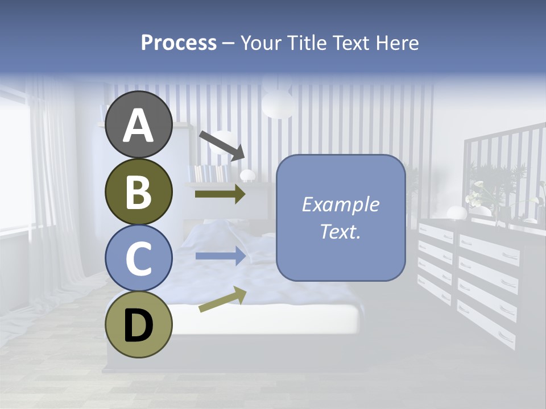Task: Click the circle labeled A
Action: click(138, 125)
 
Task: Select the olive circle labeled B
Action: click(138, 191)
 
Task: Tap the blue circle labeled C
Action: click(138, 258)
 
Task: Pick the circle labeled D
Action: click(138, 325)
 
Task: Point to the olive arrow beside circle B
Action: click(220, 194)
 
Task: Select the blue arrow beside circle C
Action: click(220, 256)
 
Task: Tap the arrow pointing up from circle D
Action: click(222, 299)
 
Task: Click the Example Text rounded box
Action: click(341, 218)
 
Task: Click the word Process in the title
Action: click(179, 43)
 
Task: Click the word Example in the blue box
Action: click(340, 204)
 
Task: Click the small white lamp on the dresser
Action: click(456, 213)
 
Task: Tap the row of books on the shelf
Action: click(210, 173)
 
